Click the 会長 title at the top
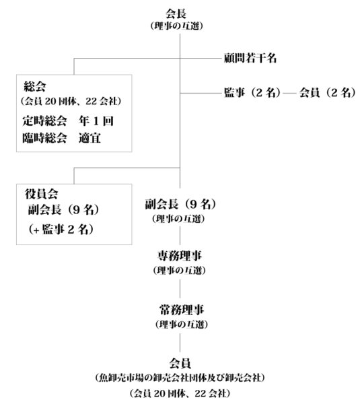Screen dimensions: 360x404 pyautogui.click(x=176, y=13)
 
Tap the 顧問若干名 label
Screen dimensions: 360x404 pyautogui.click(x=250, y=58)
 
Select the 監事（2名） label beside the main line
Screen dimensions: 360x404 pyautogui.click(x=252, y=92)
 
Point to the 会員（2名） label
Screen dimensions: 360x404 pyautogui.click(x=327, y=92)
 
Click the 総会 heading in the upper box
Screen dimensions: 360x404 pyautogui.click(x=35, y=86)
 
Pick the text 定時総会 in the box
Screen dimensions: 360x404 pyautogui.click(x=44, y=121)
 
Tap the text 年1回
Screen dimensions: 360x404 pyautogui.click(x=96, y=121)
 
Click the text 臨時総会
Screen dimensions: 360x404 pyautogui.click(x=44, y=138)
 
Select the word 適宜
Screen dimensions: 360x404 pyautogui.click(x=89, y=138)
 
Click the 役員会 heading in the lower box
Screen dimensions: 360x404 pyautogui.click(x=41, y=194)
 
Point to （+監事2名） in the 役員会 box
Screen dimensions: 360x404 pyautogui.click(x=61, y=229)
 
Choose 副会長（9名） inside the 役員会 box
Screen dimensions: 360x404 pyautogui.click(x=64, y=210)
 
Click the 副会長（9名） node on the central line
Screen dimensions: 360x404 pyautogui.click(x=180, y=204)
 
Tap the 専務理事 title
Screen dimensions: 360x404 pyautogui.click(x=180, y=256)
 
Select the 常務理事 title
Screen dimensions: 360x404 pyautogui.click(x=182, y=310)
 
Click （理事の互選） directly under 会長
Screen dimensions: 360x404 pyautogui.click(x=177, y=26)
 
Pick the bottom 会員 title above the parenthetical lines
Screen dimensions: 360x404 pyautogui.click(x=180, y=364)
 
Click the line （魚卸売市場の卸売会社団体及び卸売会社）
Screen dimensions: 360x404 pyautogui.click(x=180, y=378)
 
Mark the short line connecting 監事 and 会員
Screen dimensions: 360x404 pyautogui.click(x=290, y=93)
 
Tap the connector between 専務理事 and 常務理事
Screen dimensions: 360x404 pyautogui.click(x=180, y=289)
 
